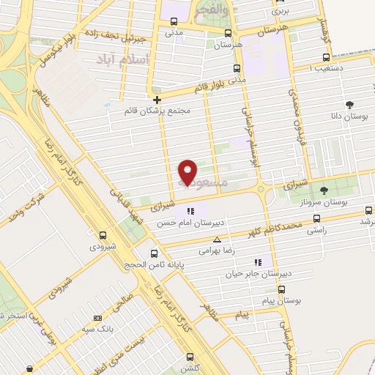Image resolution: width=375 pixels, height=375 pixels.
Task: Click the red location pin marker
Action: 187,172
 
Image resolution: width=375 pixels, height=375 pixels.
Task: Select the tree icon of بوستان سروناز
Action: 324,190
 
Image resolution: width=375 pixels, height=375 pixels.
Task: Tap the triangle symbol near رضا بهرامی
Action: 217,240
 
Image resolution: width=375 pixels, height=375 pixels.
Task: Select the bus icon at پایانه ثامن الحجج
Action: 153,254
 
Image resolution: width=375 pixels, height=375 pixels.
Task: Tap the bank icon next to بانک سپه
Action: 98,319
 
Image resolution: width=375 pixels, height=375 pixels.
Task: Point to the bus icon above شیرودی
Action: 103,236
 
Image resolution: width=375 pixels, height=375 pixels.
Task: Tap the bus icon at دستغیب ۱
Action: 326,57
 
